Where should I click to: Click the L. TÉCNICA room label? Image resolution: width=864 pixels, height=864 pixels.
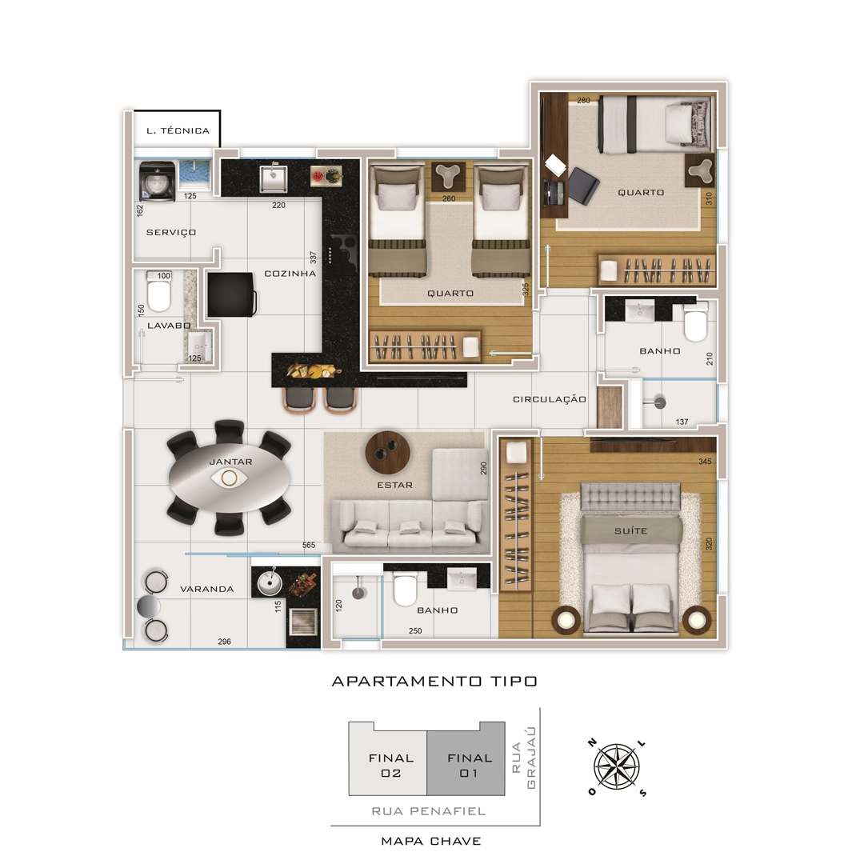tap(178, 131)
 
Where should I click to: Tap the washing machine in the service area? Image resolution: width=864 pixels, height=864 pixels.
tap(158, 181)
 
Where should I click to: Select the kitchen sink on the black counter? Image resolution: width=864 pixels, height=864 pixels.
tap(274, 178)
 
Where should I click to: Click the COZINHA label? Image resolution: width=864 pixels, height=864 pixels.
tap(290, 274)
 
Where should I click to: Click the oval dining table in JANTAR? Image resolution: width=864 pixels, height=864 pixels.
tap(231, 477)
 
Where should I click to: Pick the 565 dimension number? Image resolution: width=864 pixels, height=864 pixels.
tap(309, 545)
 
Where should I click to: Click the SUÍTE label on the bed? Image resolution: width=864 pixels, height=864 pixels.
tap(631, 530)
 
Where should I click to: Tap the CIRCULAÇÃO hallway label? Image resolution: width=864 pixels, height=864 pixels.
tap(550, 399)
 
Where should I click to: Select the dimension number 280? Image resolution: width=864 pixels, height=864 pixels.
tap(583, 100)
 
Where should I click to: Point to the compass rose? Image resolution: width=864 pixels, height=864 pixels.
tap(617, 767)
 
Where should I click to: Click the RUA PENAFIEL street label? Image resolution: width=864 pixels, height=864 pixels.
tap(429, 811)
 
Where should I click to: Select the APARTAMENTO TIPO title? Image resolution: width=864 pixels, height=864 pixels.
tap(434, 681)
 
